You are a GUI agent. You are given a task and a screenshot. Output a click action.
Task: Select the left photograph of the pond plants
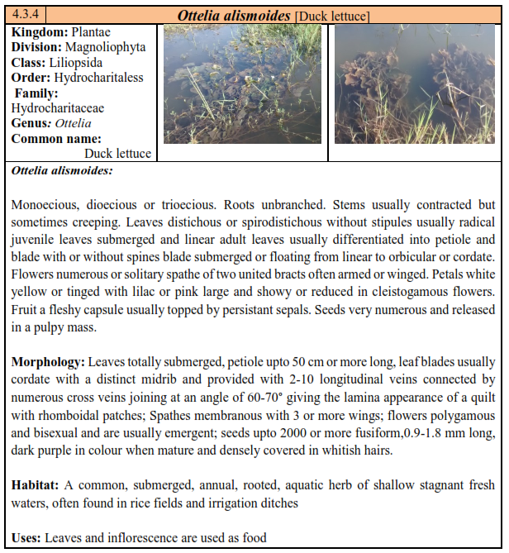241,84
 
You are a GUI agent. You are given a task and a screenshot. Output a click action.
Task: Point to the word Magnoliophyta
106,47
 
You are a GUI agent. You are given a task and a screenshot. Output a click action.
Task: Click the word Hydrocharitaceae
58,108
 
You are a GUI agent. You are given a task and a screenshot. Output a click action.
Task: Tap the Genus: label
31,123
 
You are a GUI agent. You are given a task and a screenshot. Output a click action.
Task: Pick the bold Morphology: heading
48,362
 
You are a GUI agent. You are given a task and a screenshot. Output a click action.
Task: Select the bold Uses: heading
27,538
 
